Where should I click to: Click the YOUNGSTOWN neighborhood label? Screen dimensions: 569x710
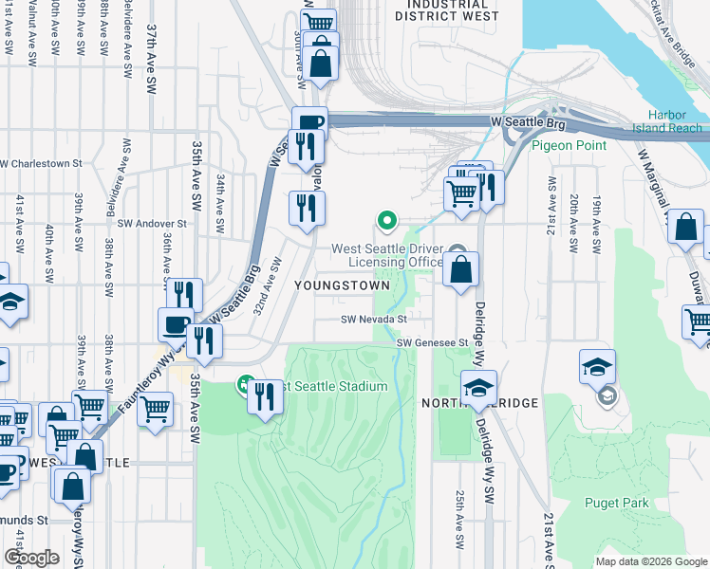coord(342,284)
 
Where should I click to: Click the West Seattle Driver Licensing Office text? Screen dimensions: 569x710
coord(387,256)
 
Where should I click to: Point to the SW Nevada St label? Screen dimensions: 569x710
coord(374,321)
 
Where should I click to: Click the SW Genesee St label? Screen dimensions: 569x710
coord(433,342)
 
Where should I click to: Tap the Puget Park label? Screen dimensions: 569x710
coord(617,503)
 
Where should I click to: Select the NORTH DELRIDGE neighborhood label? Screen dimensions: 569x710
coord(480,403)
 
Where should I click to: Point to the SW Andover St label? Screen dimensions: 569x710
coord(153,224)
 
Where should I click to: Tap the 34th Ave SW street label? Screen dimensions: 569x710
coord(219,193)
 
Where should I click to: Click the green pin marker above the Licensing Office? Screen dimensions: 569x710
coord(387,221)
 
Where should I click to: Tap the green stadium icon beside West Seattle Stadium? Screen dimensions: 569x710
coord(244,386)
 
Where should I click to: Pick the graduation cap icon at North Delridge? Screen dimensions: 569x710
coord(478,386)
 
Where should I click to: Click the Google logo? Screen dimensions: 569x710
coord(31,558)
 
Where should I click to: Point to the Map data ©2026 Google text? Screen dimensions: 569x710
coord(650,561)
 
